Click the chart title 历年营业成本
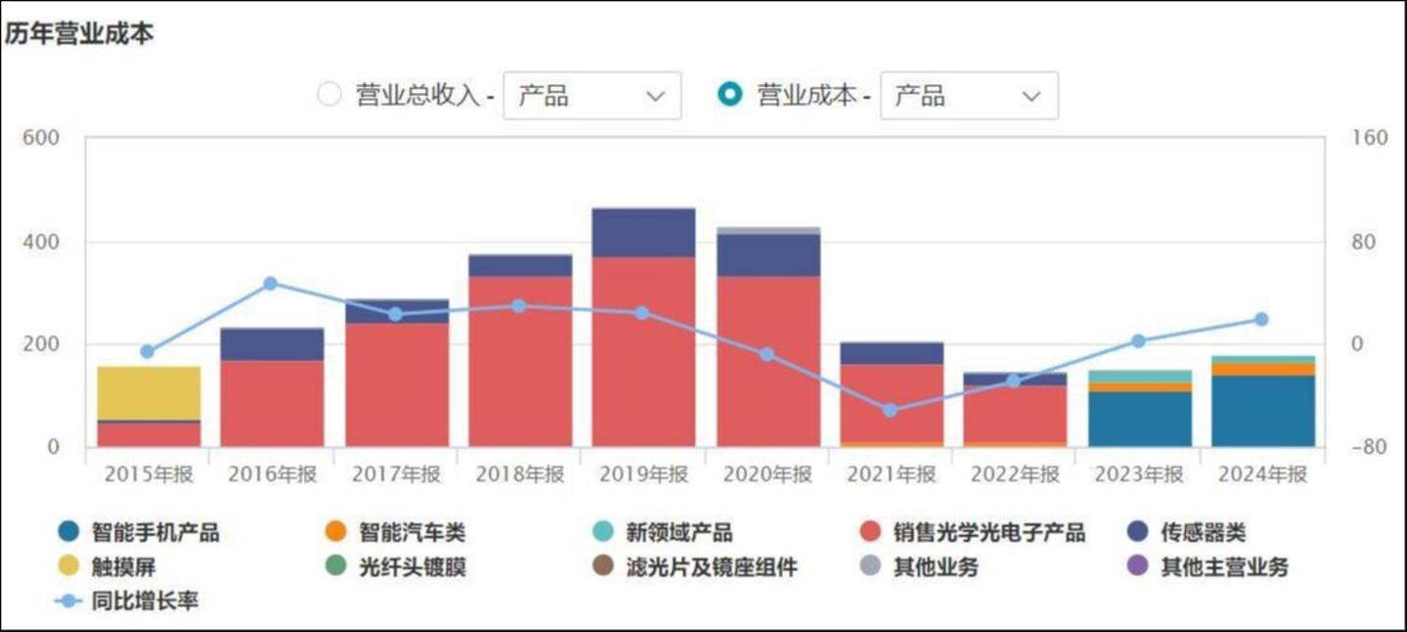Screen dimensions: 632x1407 point(79,34)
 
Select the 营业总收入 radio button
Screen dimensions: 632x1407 point(330,95)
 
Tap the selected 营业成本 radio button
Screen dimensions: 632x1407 point(729,95)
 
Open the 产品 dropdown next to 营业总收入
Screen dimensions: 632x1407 point(592,96)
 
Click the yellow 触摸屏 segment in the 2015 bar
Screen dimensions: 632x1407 point(149,392)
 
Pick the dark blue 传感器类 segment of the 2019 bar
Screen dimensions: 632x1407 point(643,233)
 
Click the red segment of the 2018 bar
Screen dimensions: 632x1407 point(520,361)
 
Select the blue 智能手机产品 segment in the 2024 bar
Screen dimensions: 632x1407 point(1262,411)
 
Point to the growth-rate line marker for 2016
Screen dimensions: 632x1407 point(271,284)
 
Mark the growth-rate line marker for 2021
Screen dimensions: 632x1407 point(890,410)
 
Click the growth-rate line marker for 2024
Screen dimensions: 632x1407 point(1261,320)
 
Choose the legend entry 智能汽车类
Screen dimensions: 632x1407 point(411,533)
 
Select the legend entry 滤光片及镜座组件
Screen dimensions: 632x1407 point(710,567)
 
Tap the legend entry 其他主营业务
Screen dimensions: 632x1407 point(1223,567)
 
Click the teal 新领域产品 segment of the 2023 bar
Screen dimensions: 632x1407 point(1139,377)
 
